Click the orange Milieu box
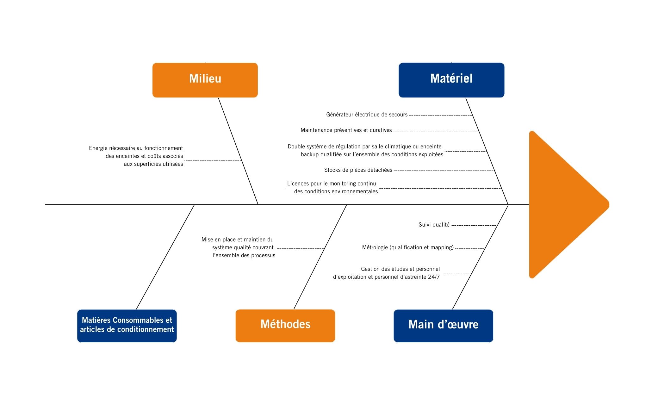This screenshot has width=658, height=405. click(205, 80)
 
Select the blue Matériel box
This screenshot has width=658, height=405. click(451, 80)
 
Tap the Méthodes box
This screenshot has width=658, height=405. click(285, 326)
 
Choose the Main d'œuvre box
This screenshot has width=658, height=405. click(443, 326)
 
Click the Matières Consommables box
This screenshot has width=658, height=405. click(127, 326)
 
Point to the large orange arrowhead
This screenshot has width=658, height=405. click(563, 205)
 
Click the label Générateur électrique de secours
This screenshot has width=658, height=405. click(367, 115)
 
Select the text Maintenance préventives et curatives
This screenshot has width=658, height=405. click(346, 130)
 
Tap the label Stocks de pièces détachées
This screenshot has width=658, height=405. click(358, 170)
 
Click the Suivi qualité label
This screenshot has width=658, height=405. click(434, 225)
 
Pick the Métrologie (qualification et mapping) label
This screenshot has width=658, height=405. click(408, 247)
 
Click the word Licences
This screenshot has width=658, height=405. click(298, 184)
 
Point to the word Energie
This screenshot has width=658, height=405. click(98, 148)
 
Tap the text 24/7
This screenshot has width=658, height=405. click(434, 277)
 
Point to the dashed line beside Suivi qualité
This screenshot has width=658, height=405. click(474, 226)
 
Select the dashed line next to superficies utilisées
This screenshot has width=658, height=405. click(213, 161)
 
